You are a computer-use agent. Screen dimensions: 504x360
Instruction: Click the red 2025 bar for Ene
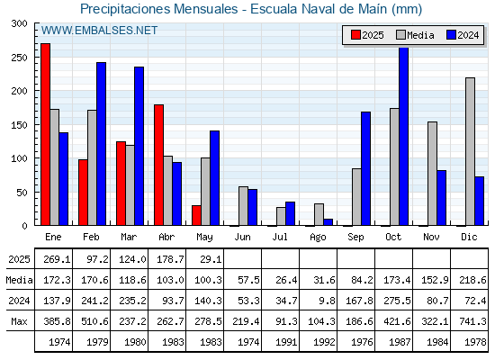[x=45, y=134]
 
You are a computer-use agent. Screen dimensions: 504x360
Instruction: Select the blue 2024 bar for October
[x=404, y=137]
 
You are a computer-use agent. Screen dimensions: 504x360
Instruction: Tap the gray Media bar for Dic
[x=470, y=151]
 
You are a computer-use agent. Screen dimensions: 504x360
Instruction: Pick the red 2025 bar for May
[x=196, y=215]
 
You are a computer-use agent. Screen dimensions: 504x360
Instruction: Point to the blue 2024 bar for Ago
[x=328, y=222]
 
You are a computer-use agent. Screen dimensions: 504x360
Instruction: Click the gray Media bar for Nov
[x=432, y=174]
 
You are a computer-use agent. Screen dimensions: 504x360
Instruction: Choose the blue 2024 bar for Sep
[x=365, y=168]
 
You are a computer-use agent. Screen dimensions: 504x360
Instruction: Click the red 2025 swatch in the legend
[x=355, y=35]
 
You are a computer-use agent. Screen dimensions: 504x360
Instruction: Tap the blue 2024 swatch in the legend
[x=451, y=35]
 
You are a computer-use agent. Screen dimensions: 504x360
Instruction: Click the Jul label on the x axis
[x=280, y=238]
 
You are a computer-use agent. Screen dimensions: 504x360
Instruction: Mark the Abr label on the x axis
[x=166, y=238]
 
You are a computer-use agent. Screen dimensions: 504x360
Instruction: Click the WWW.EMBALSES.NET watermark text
[x=99, y=31]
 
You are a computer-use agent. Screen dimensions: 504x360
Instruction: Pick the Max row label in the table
[x=19, y=321]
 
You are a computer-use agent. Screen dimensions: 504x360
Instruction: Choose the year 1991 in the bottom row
[x=286, y=342]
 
